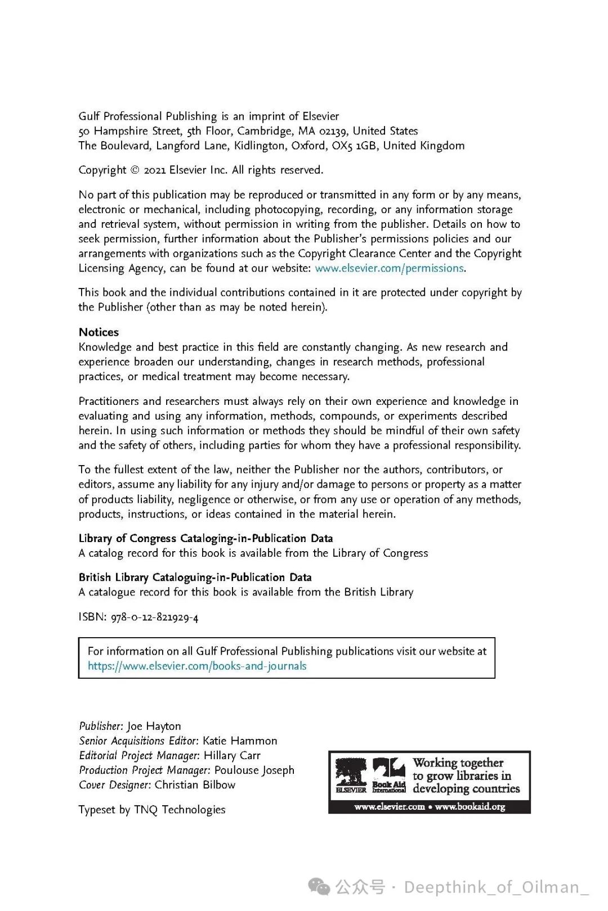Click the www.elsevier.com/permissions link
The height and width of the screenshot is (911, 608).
tap(389, 268)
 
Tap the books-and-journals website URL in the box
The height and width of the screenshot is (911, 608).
tap(197, 666)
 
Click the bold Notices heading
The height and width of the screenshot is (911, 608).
tap(99, 332)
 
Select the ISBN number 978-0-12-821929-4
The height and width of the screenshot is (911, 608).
tap(154, 617)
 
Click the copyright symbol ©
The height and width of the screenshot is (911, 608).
tap(135, 170)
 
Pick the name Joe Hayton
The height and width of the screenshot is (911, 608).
tap(154, 726)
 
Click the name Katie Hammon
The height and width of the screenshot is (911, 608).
tap(240, 741)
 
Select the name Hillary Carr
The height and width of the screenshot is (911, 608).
tap(232, 755)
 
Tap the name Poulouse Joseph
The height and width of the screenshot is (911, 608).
tap(254, 770)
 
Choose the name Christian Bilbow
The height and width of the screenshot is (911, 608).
tap(195, 784)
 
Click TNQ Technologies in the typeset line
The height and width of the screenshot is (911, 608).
tap(180, 809)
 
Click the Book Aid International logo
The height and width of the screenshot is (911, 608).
tap(389, 775)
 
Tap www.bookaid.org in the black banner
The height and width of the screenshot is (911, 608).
tap(470, 806)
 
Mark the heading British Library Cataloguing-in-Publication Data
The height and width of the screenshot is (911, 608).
tap(195, 577)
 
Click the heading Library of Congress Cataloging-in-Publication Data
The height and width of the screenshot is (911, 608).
tap(205, 538)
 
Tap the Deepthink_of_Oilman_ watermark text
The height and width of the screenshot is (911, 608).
tap(495, 887)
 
